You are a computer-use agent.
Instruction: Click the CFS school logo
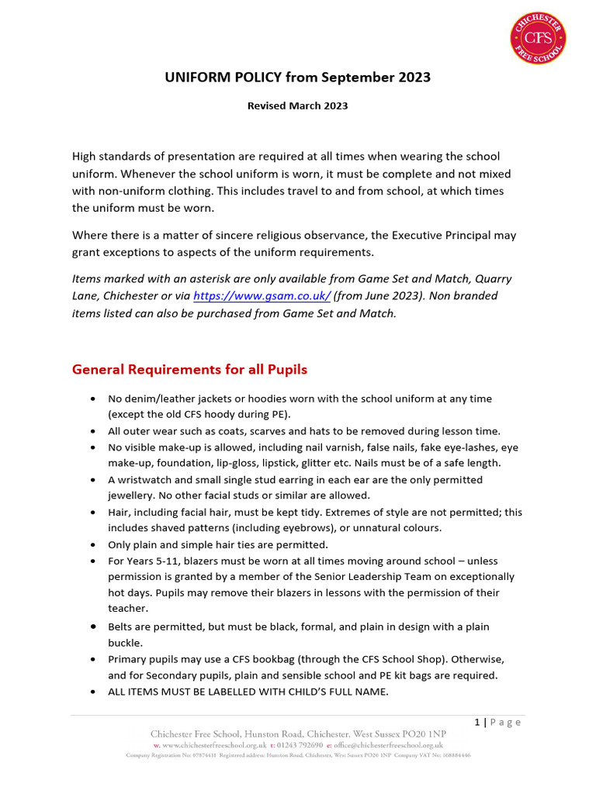(537, 38)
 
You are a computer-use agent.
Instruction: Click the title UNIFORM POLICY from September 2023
(297, 78)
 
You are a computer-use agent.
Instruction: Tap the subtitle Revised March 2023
(297, 106)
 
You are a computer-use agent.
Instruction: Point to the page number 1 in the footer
(477, 722)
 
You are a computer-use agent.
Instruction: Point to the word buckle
(124, 643)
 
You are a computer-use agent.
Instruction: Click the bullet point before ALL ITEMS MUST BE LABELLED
(93, 692)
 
